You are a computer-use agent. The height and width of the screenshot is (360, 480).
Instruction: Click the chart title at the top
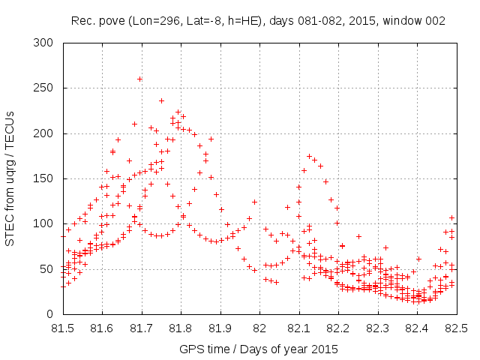[258, 21]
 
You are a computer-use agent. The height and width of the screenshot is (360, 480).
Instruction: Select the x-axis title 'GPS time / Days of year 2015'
[258, 349]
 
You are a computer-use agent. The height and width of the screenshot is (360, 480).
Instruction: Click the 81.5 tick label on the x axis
[62, 328]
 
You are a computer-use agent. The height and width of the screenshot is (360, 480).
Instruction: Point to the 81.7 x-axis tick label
[141, 328]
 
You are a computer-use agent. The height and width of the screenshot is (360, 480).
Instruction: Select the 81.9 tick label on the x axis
[220, 328]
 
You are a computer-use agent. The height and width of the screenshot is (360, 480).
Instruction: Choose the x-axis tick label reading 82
[259, 328]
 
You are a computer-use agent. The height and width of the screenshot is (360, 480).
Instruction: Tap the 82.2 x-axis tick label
[338, 328]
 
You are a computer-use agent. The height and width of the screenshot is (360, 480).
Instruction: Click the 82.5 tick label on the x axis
[456, 328]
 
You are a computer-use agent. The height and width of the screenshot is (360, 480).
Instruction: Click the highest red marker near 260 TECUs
[140, 79]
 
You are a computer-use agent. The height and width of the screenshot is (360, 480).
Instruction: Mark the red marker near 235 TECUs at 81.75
[161, 100]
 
